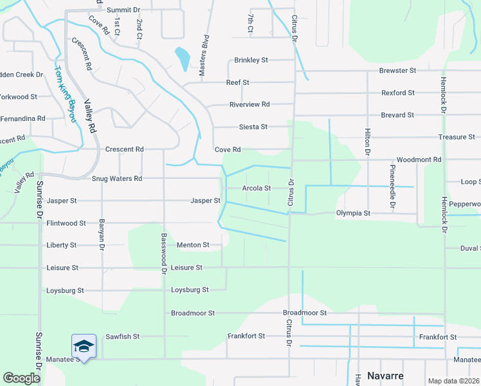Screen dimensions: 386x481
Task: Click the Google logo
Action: click(x=21, y=378)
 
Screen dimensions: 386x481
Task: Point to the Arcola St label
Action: click(x=256, y=188)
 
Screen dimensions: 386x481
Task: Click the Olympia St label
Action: click(x=353, y=213)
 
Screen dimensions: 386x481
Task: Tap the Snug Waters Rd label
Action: click(x=116, y=179)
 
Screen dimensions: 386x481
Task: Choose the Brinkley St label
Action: click(x=251, y=60)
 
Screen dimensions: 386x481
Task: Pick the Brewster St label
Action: click(x=398, y=70)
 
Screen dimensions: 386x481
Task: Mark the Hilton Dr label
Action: click(x=368, y=142)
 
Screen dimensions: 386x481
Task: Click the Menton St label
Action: click(x=193, y=245)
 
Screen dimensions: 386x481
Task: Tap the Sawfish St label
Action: click(x=122, y=336)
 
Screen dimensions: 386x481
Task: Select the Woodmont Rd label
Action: click(x=419, y=160)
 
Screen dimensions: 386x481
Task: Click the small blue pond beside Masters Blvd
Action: click(x=183, y=59)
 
